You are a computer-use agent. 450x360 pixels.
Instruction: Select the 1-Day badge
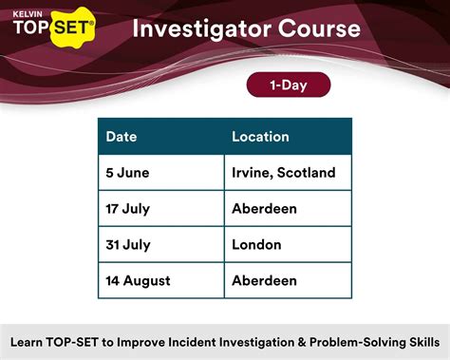tap(288, 85)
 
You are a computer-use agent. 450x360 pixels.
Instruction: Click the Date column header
tap(122, 137)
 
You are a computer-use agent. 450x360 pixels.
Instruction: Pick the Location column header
tap(261, 137)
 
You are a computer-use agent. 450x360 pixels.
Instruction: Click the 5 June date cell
tap(127, 173)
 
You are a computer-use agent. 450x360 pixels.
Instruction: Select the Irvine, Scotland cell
tap(284, 173)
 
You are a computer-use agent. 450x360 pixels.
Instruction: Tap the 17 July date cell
tap(128, 208)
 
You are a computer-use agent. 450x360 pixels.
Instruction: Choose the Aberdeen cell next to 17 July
tap(265, 208)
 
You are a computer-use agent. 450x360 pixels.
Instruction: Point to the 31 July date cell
tap(128, 244)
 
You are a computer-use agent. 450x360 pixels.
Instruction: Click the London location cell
tap(256, 244)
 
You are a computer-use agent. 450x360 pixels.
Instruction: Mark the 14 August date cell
tap(138, 280)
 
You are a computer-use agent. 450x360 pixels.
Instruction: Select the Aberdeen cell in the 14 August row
tap(265, 280)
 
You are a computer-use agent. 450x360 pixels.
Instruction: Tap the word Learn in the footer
tap(29, 340)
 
